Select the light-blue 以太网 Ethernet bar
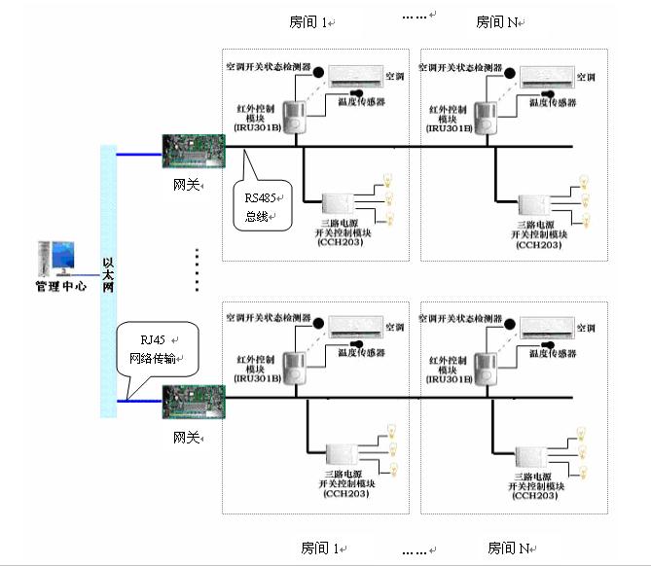tap(108, 280)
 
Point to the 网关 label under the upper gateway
tap(186, 184)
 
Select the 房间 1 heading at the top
tap(308, 20)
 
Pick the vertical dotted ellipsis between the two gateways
tap(198, 267)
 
